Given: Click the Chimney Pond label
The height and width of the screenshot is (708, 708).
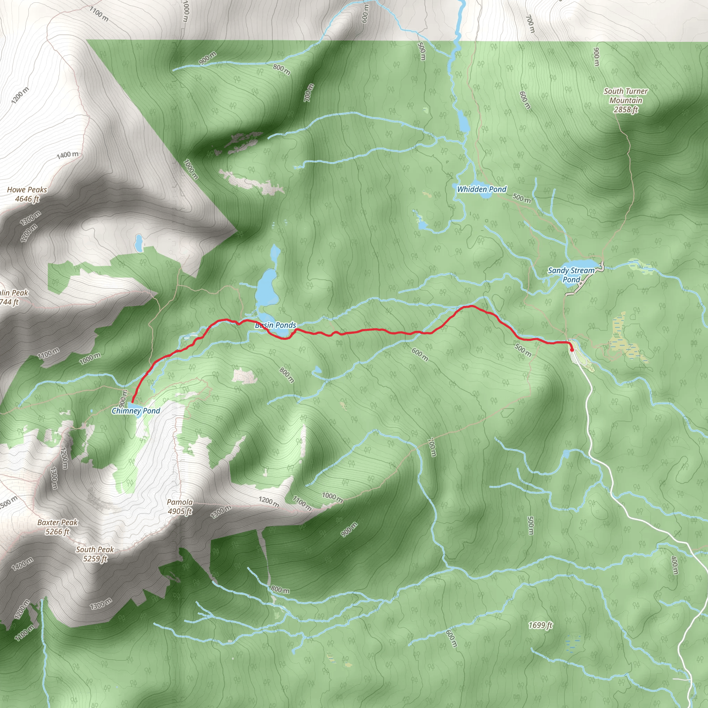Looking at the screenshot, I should (136, 411).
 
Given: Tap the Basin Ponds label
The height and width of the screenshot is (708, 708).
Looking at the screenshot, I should (276, 325).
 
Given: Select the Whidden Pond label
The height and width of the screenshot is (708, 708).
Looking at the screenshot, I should (482, 189).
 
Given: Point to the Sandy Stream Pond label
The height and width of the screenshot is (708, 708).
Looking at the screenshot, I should (571, 275).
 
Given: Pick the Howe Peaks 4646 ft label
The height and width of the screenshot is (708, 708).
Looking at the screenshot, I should (27, 194).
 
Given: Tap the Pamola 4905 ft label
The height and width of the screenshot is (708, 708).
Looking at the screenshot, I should (179, 506).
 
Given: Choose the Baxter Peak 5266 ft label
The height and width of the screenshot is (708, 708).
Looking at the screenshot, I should (57, 527).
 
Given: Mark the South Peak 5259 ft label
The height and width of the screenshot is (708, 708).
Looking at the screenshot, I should (95, 554).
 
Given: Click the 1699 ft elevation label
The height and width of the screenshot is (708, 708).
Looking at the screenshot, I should (541, 625).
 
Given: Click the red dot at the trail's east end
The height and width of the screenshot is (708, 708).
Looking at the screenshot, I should (572, 349).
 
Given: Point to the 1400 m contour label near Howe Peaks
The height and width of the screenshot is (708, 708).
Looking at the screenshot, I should (67, 155).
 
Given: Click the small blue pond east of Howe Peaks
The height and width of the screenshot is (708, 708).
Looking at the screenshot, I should (139, 242).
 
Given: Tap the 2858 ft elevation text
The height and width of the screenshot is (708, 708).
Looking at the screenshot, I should (626, 110).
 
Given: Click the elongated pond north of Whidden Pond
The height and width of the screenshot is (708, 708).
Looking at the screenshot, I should (463, 121).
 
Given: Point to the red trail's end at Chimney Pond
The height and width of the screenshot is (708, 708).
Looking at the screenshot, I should (132, 402).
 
